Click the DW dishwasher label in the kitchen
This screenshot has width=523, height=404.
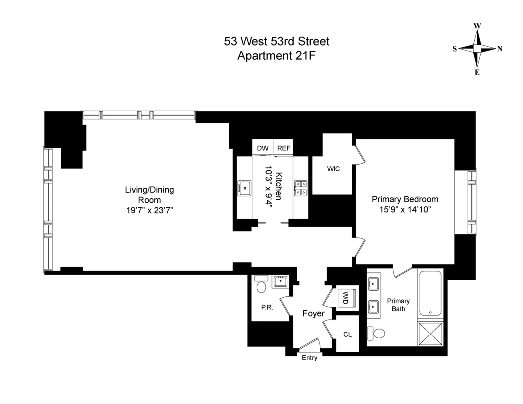(262, 148)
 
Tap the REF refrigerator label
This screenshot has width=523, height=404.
(284, 148)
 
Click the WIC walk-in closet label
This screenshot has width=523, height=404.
(333, 169)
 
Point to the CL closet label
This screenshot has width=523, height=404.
(347, 334)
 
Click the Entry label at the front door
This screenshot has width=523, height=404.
(309, 358)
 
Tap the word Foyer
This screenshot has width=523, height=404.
(314, 313)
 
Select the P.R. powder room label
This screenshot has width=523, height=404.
(267, 307)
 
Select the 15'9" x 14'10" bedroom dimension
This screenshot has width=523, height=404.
(405, 210)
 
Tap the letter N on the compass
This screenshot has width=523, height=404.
(499, 49)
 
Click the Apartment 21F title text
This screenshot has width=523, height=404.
(276, 56)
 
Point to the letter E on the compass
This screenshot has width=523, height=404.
(477, 72)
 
